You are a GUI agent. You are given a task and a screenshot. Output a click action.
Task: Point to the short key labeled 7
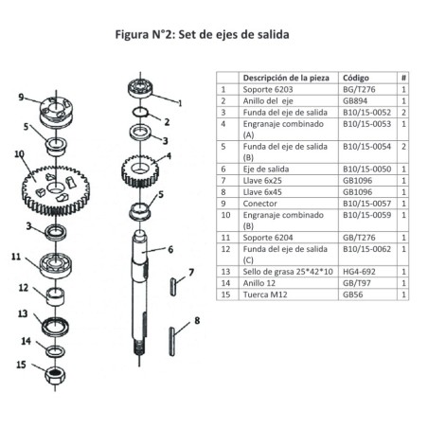172,284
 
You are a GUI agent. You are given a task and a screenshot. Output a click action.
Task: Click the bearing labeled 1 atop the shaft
141,92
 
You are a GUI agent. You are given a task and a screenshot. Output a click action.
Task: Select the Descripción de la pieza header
285,78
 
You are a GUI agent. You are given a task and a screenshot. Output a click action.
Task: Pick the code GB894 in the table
355,98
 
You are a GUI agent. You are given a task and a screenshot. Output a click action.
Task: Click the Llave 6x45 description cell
263,190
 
